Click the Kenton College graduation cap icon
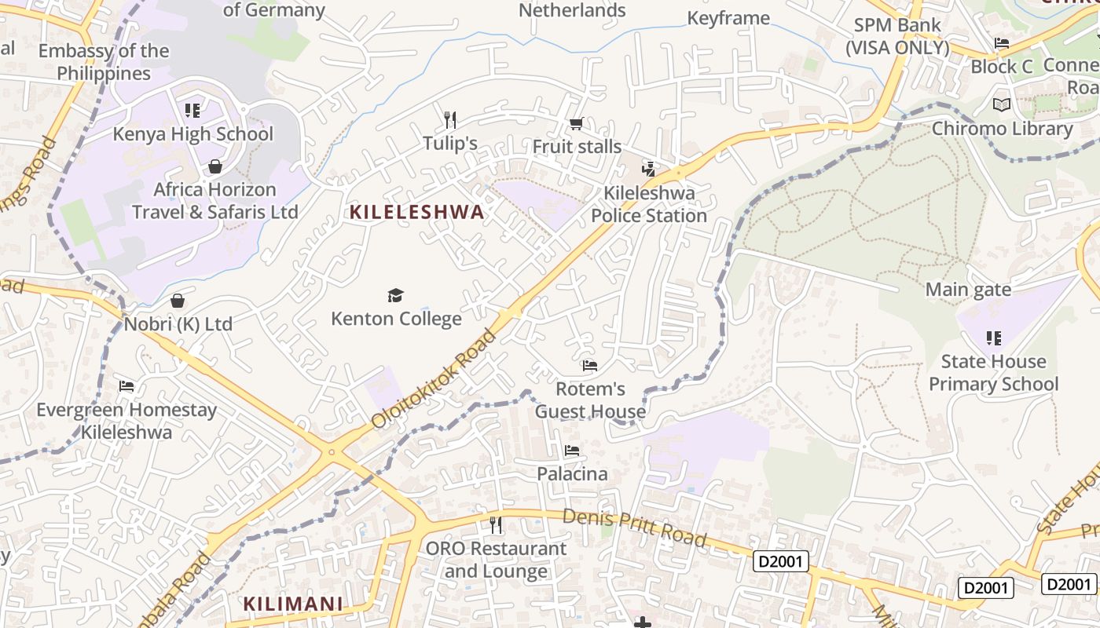pos(395,295)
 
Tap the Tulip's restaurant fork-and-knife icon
pos(450,120)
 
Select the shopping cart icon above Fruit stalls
pos(576,124)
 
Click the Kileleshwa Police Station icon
pos(648,168)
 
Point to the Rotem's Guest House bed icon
pos(589,365)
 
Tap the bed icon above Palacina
pos(572,451)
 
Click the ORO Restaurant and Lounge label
pos(496,560)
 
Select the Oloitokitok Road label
pos(434,378)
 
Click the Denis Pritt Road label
pos(634,526)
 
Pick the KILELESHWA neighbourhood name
pos(416,212)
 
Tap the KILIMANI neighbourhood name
pos(292,604)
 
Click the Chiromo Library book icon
pos(1002,104)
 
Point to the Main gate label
pos(968,290)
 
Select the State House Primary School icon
pos(993,338)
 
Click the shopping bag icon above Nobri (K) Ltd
pos(178,301)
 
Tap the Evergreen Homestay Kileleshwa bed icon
pos(126,386)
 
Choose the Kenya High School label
pos(193,134)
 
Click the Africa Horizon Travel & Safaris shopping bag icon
pos(214,166)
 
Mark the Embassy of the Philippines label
pos(104,62)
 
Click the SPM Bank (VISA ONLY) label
pos(897,36)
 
